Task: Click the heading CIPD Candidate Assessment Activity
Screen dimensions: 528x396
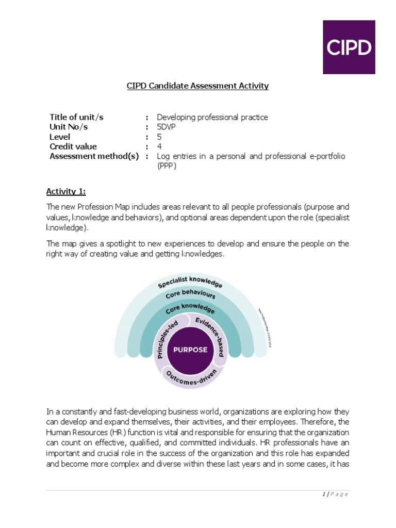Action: tap(198, 86)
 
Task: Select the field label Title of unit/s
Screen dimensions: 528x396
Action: tap(76, 117)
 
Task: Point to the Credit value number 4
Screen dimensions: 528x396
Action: tap(159, 146)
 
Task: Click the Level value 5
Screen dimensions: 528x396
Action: tap(159, 137)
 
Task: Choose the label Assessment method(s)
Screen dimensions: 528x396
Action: tap(94, 156)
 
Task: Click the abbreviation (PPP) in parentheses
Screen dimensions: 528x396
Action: tap(167, 166)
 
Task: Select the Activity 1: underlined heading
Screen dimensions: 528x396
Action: tap(66, 192)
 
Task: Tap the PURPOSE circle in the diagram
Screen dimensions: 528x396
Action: tap(190, 350)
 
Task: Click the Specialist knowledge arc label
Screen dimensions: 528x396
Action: tap(190, 282)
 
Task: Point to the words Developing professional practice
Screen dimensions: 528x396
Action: tap(212, 117)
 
